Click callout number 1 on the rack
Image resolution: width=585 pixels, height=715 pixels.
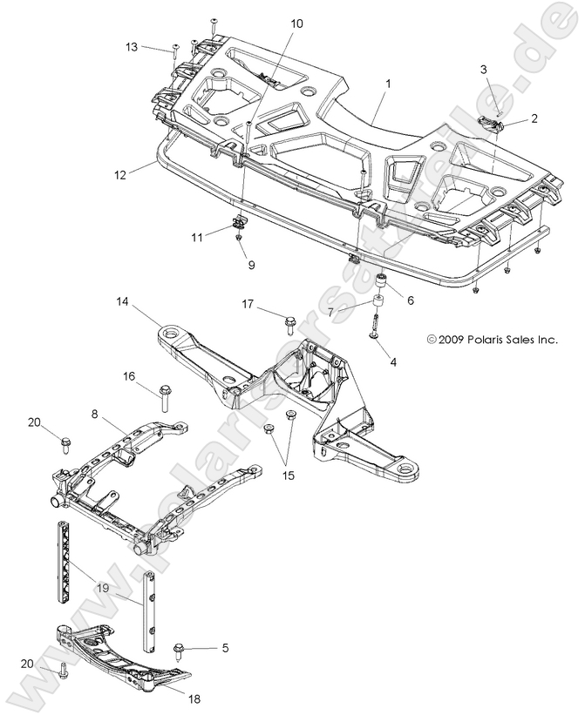(388, 84)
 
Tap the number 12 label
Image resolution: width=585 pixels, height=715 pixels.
(119, 174)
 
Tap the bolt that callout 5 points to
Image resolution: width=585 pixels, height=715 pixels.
(180, 649)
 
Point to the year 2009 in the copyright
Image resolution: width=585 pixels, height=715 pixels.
(452, 340)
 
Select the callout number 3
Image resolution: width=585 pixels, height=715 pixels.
(485, 69)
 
